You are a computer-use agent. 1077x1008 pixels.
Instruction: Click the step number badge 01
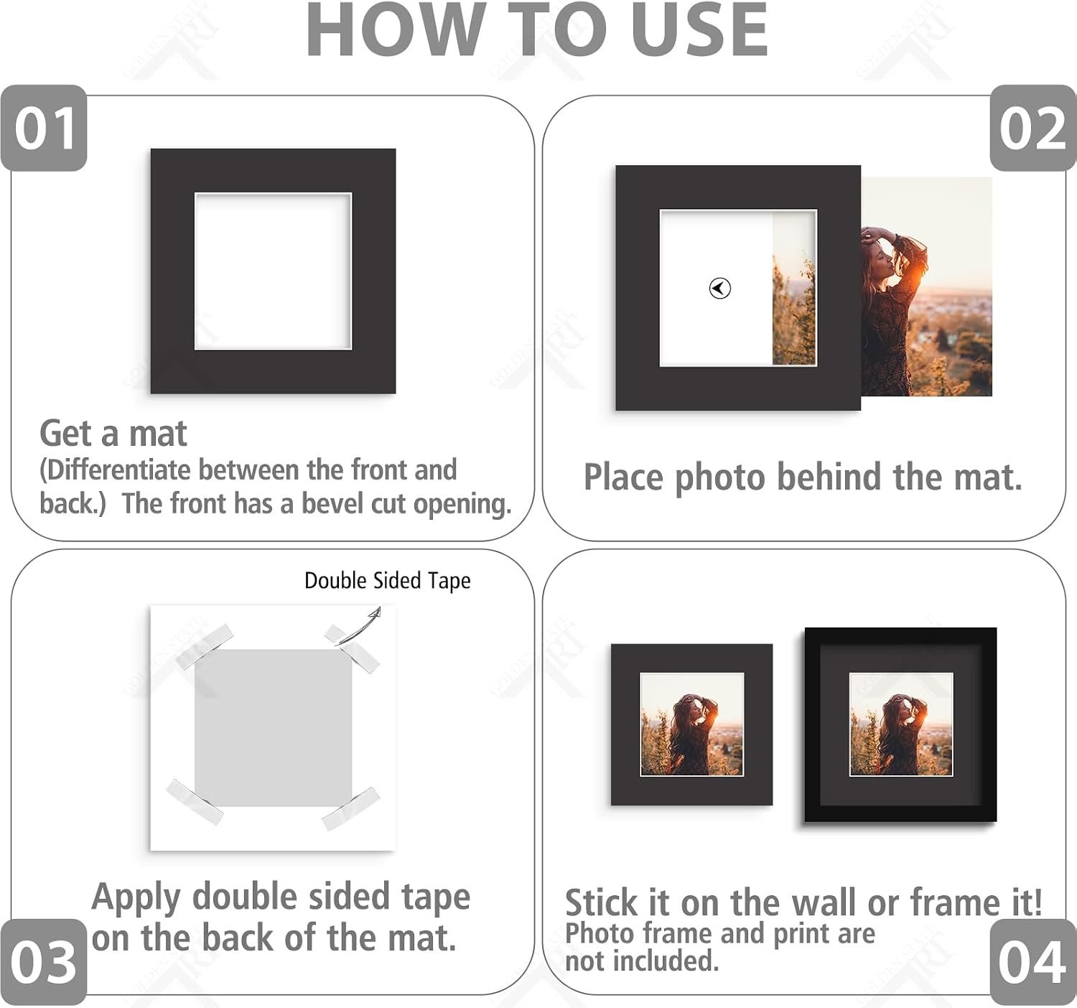point(44,128)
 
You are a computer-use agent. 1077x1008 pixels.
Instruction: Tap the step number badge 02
point(1033,128)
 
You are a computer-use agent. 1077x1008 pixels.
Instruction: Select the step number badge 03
point(43,962)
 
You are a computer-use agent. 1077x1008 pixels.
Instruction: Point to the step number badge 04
point(1033,962)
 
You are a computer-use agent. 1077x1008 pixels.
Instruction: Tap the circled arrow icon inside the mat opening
point(719,288)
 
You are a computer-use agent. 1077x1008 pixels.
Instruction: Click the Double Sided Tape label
point(387,581)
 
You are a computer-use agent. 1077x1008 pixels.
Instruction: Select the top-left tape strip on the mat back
point(205,647)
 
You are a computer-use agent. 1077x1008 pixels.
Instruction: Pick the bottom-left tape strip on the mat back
point(194,802)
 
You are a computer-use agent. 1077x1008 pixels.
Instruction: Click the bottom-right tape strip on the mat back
point(350,808)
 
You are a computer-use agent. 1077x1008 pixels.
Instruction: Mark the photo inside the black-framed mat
point(901,724)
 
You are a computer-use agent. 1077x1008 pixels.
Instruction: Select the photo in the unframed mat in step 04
point(692,724)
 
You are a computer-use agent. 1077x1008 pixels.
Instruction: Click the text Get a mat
point(113,434)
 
